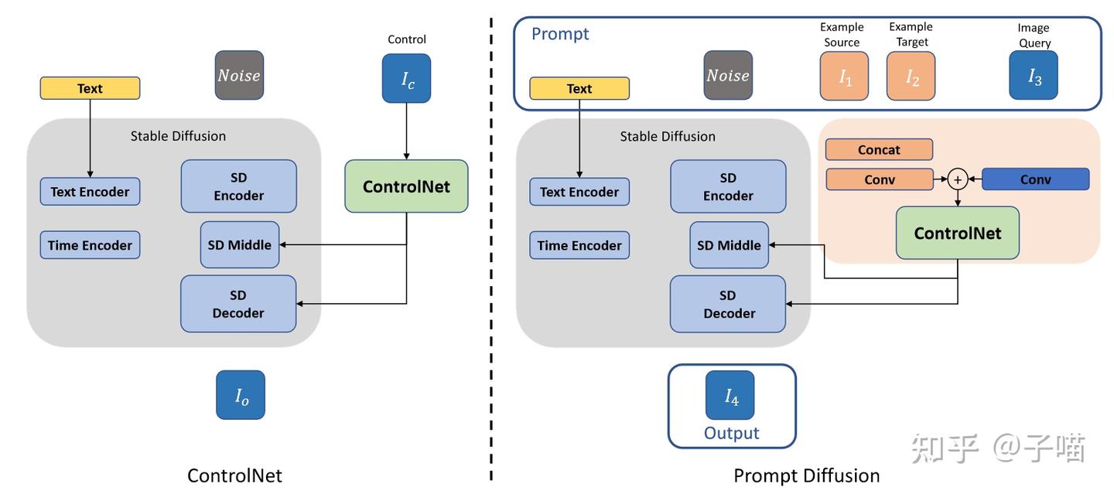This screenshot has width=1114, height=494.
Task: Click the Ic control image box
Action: pos(406,78)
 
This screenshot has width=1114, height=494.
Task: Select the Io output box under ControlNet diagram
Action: pos(241,395)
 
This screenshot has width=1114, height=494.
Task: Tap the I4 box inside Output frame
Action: pos(730,395)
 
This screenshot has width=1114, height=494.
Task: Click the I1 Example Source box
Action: pos(844,76)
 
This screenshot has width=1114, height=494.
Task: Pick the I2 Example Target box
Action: pos(911,76)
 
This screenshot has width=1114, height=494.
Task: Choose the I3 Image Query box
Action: pos(1033,76)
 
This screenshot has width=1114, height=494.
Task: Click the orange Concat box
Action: pos(879,149)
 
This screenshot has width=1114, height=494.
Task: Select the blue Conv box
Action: pos(1035,179)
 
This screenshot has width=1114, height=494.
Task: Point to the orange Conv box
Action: pos(879,179)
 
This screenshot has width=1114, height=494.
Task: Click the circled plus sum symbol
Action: pos(957,179)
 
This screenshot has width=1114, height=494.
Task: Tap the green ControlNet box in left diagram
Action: pos(406,186)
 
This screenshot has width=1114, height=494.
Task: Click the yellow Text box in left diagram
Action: pos(90,88)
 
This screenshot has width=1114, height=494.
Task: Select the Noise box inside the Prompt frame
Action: pos(728,75)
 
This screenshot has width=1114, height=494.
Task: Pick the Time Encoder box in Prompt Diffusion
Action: pos(579,245)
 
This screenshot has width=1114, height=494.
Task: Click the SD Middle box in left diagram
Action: pos(240,245)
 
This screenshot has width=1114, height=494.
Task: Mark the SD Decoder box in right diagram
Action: pos(728,304)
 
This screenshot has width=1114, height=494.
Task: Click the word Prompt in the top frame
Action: pos(560,34)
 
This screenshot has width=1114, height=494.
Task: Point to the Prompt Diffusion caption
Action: pos(806,475)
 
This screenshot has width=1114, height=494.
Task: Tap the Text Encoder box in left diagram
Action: pos(90,192)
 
